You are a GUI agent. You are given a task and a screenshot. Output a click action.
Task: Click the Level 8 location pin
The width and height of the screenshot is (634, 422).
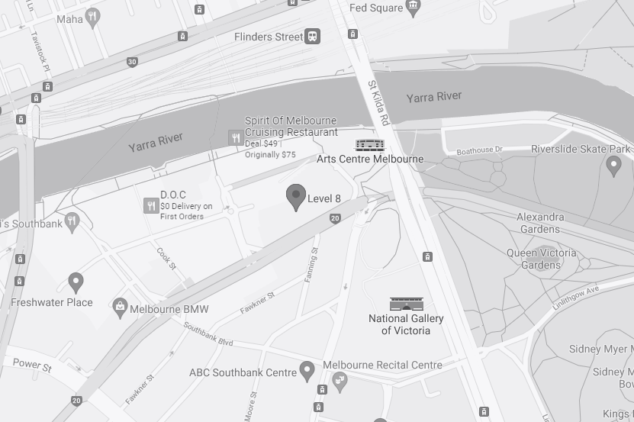click(295, 196)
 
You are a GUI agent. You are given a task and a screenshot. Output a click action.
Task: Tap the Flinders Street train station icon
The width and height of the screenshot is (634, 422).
click(312, 37)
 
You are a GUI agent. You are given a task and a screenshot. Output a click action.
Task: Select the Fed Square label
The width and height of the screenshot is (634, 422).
click(375, 8)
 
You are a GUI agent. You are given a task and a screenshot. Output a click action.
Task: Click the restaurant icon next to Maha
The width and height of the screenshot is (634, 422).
click(93, 17)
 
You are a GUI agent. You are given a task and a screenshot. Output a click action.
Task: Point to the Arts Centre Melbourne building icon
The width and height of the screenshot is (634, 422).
click(369, 145)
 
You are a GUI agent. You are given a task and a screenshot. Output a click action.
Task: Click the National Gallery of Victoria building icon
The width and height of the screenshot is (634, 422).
click(405, 304)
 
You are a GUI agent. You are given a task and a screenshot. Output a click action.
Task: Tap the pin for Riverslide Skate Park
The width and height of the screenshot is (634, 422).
click(613, 165)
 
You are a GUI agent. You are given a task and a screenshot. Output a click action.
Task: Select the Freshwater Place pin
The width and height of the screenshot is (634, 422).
click(76, 282)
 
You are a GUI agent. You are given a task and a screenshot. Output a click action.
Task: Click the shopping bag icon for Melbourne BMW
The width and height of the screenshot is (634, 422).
click(120, 309)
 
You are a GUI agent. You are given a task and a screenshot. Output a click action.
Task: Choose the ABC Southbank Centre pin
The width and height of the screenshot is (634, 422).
click(307, 371)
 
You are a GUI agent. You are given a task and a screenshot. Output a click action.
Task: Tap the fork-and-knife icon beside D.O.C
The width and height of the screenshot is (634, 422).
click(151, 205)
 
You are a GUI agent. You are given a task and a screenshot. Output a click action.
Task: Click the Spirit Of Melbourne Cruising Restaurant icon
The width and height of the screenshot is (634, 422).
click(236, 137)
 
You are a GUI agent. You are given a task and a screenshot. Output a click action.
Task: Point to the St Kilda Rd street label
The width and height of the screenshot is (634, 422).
click(378, 103)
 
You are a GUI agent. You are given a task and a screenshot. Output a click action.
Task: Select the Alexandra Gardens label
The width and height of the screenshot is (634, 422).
click(540, 223)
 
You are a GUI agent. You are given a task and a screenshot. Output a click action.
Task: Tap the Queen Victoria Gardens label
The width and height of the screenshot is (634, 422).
click(541, 259)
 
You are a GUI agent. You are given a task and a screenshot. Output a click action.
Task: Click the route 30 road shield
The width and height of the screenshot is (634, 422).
click(132, 62)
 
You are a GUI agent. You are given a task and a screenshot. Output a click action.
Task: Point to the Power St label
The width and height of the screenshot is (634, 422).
click(32, 366)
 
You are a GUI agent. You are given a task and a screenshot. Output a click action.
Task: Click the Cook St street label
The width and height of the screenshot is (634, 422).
click(166, 258)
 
